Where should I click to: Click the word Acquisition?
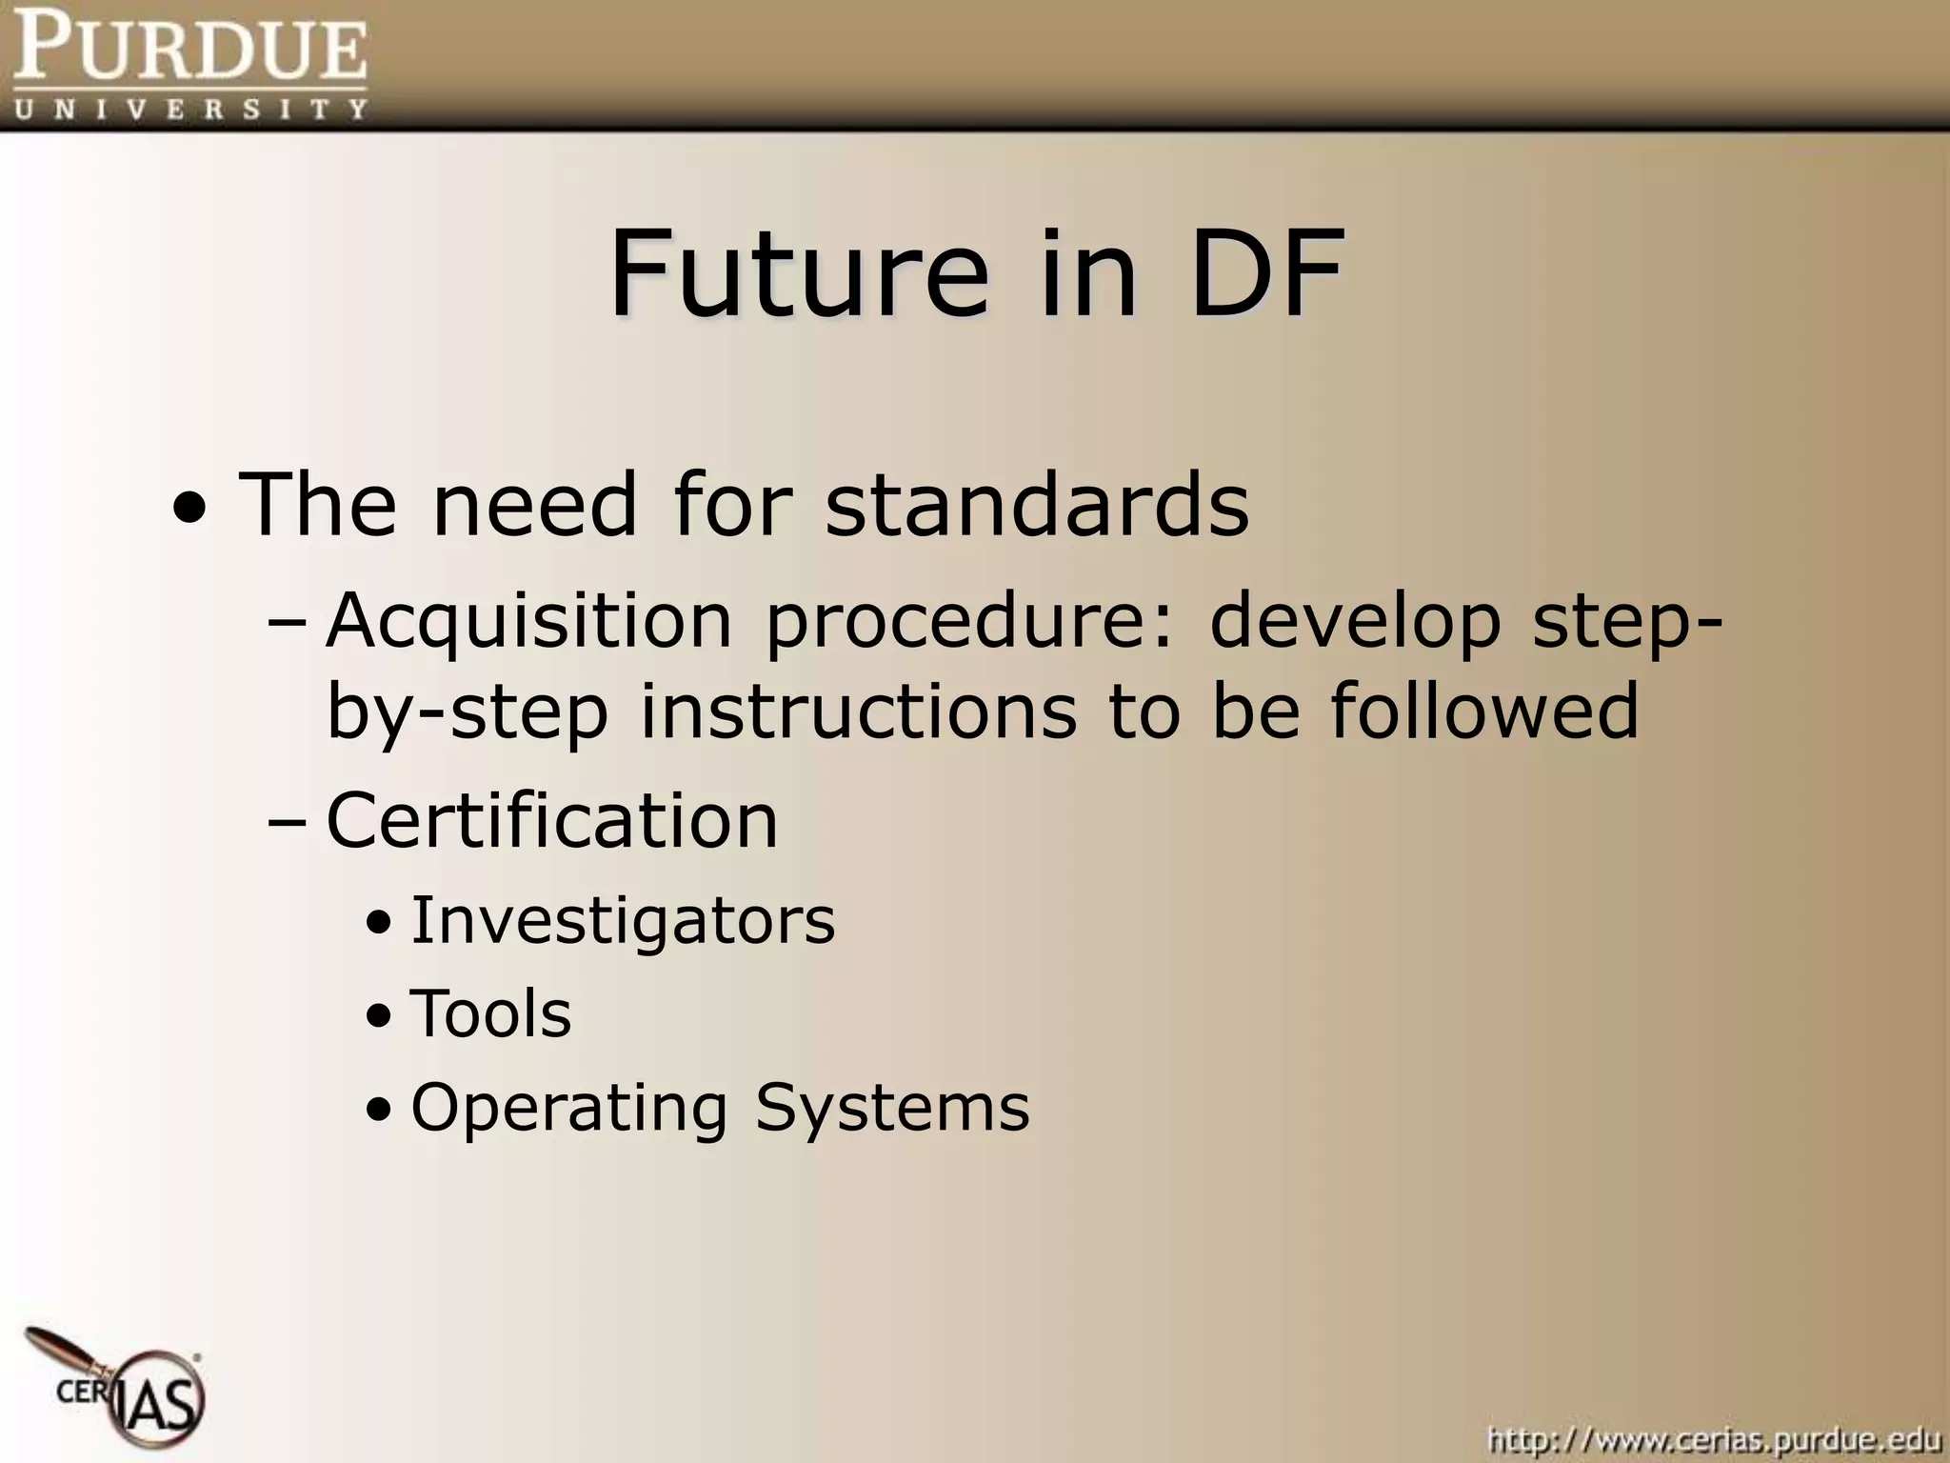pos(529,621)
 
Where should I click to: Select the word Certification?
pos(552,820)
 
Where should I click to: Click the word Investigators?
pos(623,921)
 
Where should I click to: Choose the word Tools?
pos(490,1013)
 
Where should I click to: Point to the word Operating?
pos(568,1109)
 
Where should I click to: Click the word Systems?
pos(892,1109)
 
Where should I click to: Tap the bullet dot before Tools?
pos(378,1017)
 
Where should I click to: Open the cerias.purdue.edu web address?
pos(1713,1438)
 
